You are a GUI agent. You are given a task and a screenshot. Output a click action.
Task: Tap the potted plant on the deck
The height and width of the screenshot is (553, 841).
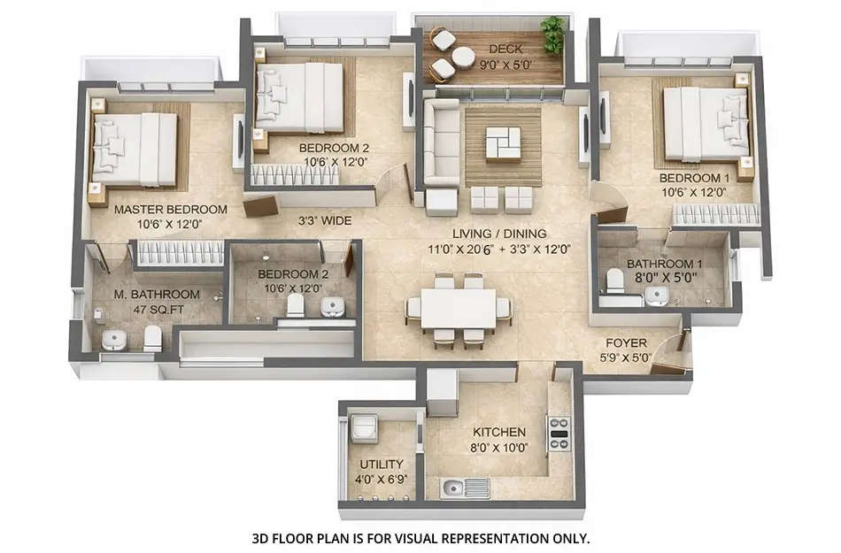pyautogui.click(x=553, y=35)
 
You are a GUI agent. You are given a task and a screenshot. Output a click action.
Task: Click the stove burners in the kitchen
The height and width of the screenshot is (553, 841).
pyautogui.click(x=559, y=434)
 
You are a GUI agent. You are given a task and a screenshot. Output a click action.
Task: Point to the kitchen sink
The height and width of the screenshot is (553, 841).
pyautogui.click(x=454, y=487)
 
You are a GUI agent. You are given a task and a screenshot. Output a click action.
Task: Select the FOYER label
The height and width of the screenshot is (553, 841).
pyautogui.click(x=626, y=343)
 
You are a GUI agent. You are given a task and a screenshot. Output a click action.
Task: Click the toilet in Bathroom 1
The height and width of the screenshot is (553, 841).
pyautogui.click(x=613, y=282)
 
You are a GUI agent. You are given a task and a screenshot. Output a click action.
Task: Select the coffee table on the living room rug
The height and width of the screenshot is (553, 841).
pyautogui.click(x=503, y=142)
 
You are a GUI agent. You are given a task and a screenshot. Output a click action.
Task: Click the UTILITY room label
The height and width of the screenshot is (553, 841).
pyautogui.click(x=382, y=464)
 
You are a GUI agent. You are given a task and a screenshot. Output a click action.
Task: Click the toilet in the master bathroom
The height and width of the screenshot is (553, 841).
pyautogui.click(x=152, y=336)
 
